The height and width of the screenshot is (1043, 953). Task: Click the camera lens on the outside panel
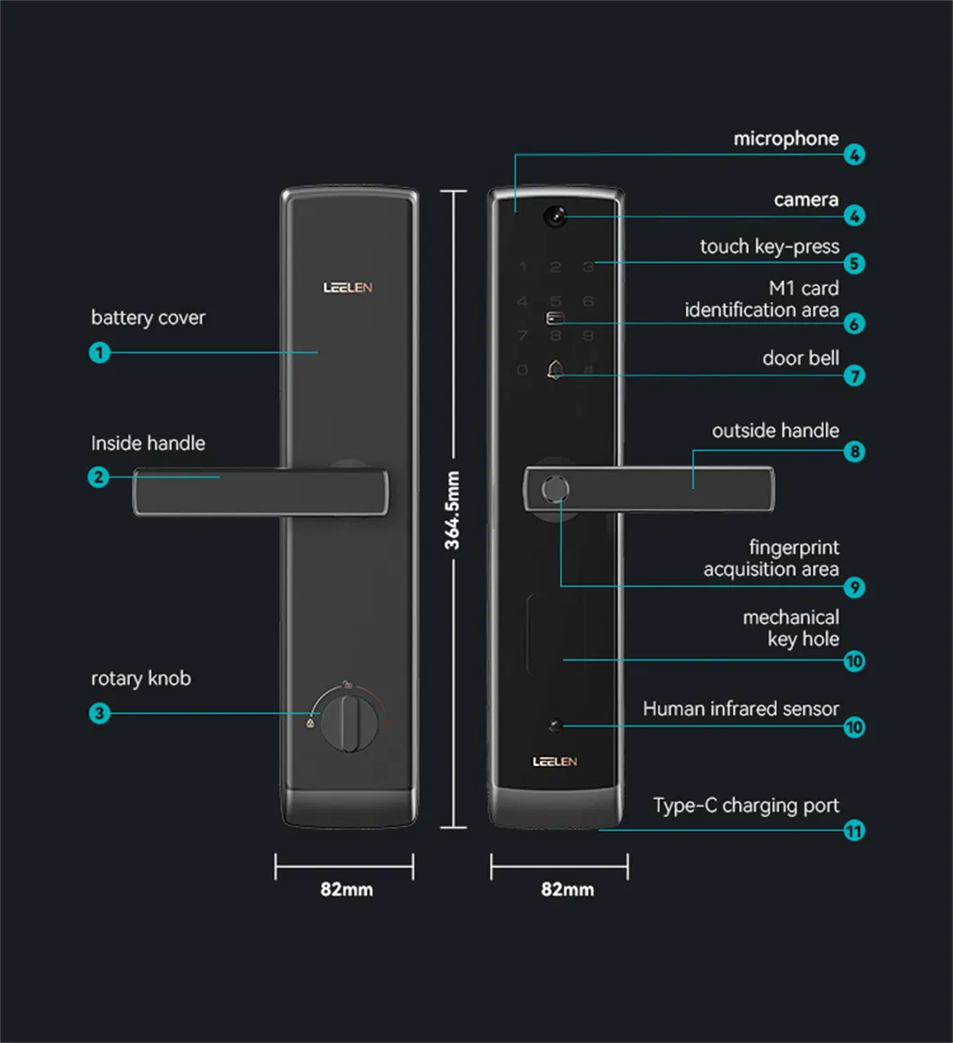[555, 216]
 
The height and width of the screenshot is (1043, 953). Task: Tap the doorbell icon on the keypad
[555, 370]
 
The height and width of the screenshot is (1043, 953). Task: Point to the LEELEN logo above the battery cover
[348, 288]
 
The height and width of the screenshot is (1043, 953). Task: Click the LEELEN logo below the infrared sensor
[555, 762]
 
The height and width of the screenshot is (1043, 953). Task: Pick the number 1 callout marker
[100, 352]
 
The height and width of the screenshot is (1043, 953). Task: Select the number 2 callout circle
[100, 477]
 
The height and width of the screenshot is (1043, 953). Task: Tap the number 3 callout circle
[100, 714]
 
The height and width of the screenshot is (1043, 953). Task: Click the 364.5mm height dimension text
[452, 510]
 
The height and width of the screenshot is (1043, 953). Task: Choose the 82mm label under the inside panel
[346, 889]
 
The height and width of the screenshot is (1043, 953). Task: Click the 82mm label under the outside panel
[567, 889]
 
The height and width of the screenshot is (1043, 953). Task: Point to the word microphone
[786, 138]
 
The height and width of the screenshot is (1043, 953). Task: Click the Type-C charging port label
[745, 806]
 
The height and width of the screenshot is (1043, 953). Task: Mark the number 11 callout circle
[854, 831]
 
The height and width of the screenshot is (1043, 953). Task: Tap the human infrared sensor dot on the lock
[555, 725]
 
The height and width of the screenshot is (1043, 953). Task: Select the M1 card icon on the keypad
[555, 320]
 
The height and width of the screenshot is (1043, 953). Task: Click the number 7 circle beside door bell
[854, 376]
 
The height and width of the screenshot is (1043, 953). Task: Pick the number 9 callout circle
[854, 588]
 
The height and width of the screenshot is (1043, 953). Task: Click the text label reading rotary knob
[141, 678]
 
